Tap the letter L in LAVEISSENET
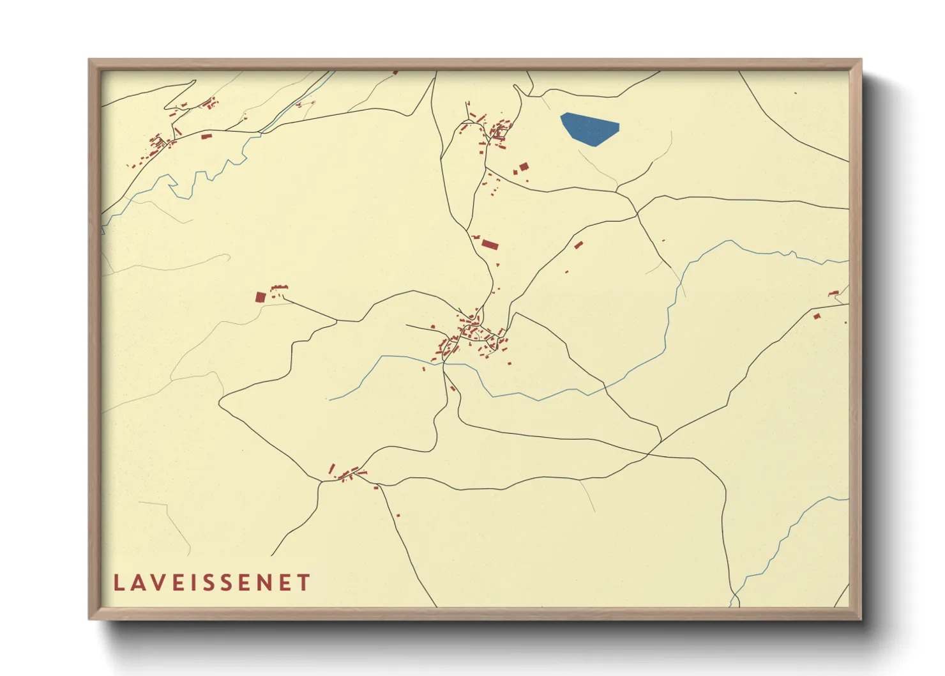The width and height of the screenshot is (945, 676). click(x=118, y=583)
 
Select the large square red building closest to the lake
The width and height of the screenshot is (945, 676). click(x=524, y=167)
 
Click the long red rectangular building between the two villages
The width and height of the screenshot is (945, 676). click(x=489, y=243)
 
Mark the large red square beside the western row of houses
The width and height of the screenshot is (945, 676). click(x=260, y=296)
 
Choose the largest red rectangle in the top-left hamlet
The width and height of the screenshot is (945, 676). click(x=206, y=136)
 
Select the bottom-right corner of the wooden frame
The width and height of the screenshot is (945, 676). click(x=861, y=618)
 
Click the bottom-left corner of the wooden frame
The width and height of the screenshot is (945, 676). click(x=89, y=618)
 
